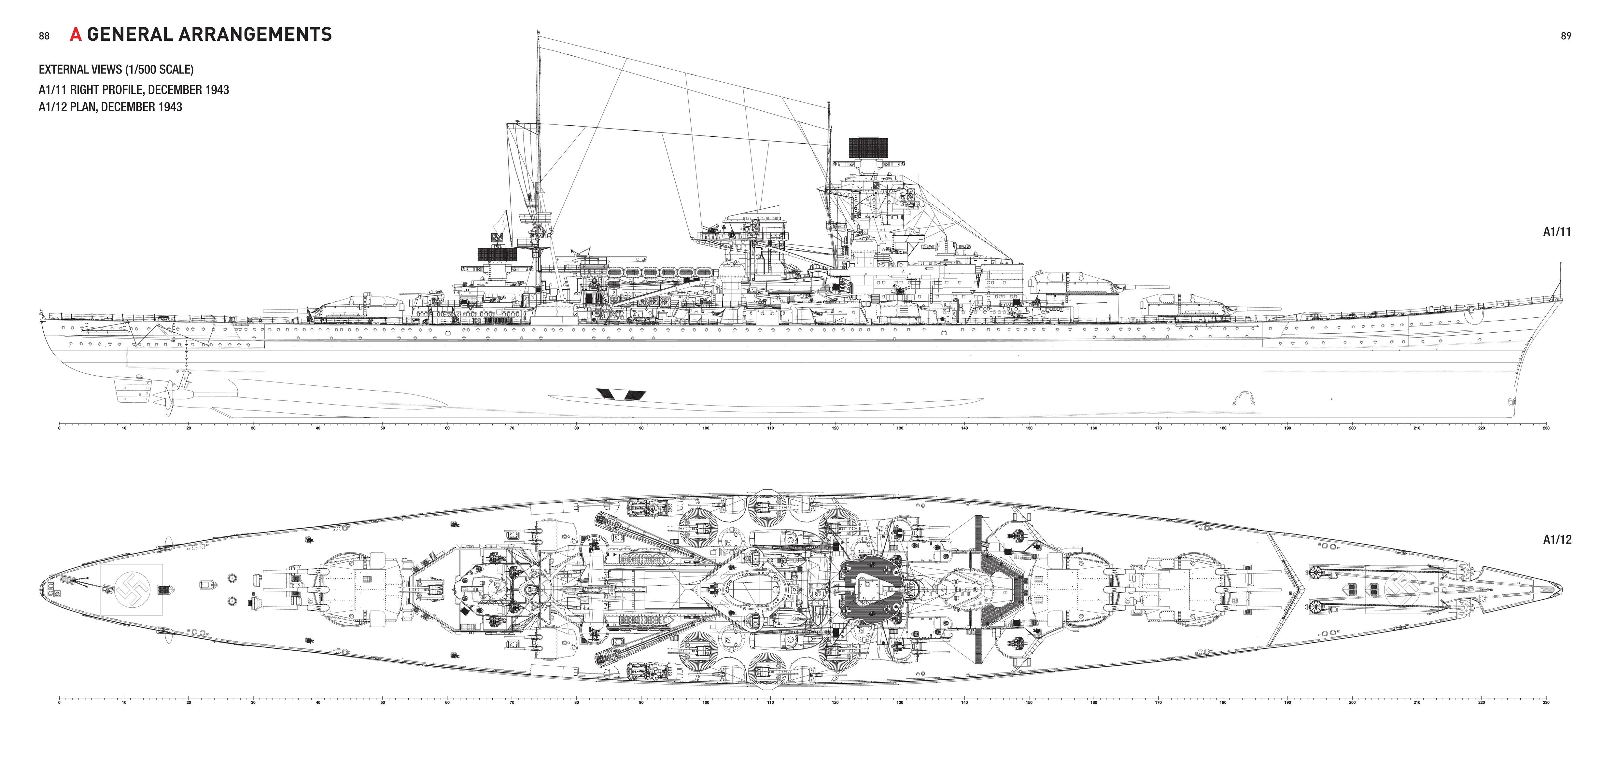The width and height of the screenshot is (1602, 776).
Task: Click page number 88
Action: pyautogui.click(x=44, y=36)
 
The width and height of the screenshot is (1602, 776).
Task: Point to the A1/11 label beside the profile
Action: pyautogui.click(x=1557, y=232)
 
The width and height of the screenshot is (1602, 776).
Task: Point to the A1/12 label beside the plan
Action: pyautogui.click(x=1557, y=540)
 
